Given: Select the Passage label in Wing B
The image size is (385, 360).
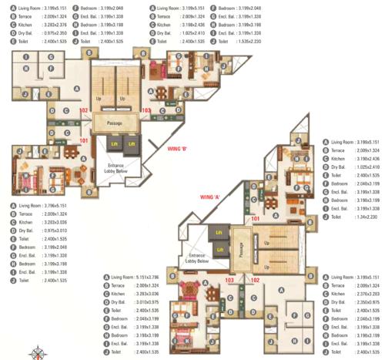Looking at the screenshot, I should pos(115,122).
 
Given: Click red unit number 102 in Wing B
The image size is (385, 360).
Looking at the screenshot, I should pos(84,110).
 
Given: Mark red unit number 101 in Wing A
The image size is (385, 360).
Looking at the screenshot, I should pos(256,219).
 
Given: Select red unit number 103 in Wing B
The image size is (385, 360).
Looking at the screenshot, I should pos(146,110).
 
